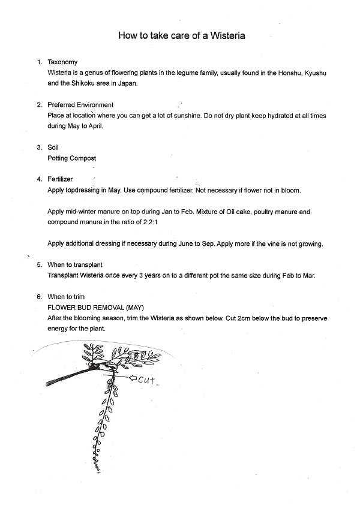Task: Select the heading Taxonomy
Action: click(x=62, y=62)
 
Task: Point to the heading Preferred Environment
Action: click(x=80, y=105)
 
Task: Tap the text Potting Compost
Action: click(x=71, y=158)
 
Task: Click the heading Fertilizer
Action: click(x=60, y=179)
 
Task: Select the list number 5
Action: click(x=39, y=264)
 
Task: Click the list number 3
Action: click(x=39, y=147)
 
